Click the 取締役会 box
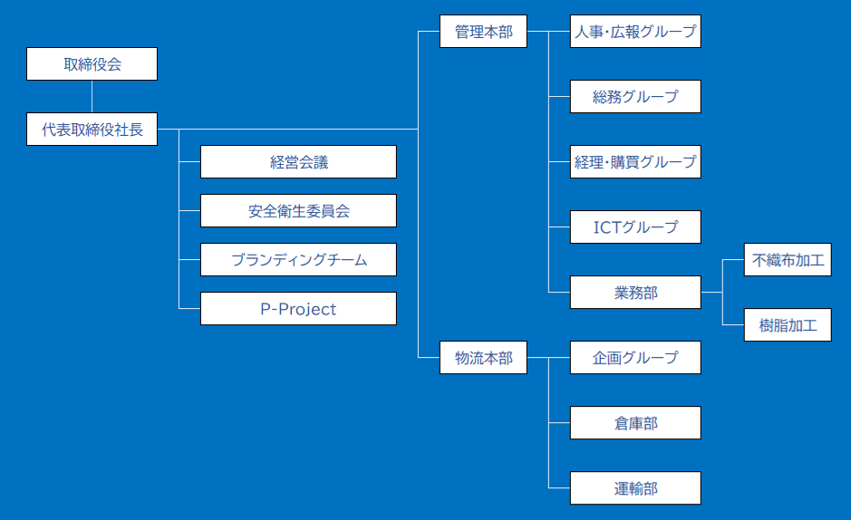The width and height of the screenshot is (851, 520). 92,64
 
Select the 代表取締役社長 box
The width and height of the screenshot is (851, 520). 92,129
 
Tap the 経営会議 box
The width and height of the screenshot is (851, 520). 298,161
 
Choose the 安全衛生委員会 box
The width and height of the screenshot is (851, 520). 298,210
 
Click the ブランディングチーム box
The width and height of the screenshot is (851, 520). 298,260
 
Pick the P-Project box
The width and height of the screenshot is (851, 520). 298,309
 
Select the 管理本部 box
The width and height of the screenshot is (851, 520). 483,32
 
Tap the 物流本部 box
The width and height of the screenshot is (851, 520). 483,357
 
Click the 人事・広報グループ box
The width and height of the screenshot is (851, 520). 635,32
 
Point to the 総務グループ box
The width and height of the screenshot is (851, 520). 635,97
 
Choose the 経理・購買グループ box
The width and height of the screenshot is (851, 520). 635,161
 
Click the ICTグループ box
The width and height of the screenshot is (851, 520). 635,226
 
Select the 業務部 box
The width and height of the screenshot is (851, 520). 635,293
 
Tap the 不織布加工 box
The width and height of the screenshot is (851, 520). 788,260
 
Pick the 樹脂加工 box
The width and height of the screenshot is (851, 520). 788,325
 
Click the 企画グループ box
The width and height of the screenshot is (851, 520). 635,357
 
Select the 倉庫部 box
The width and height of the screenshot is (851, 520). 635,422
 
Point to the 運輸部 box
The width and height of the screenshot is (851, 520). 635,488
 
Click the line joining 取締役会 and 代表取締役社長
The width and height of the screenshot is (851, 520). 92,97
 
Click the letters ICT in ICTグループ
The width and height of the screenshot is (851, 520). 607,227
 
